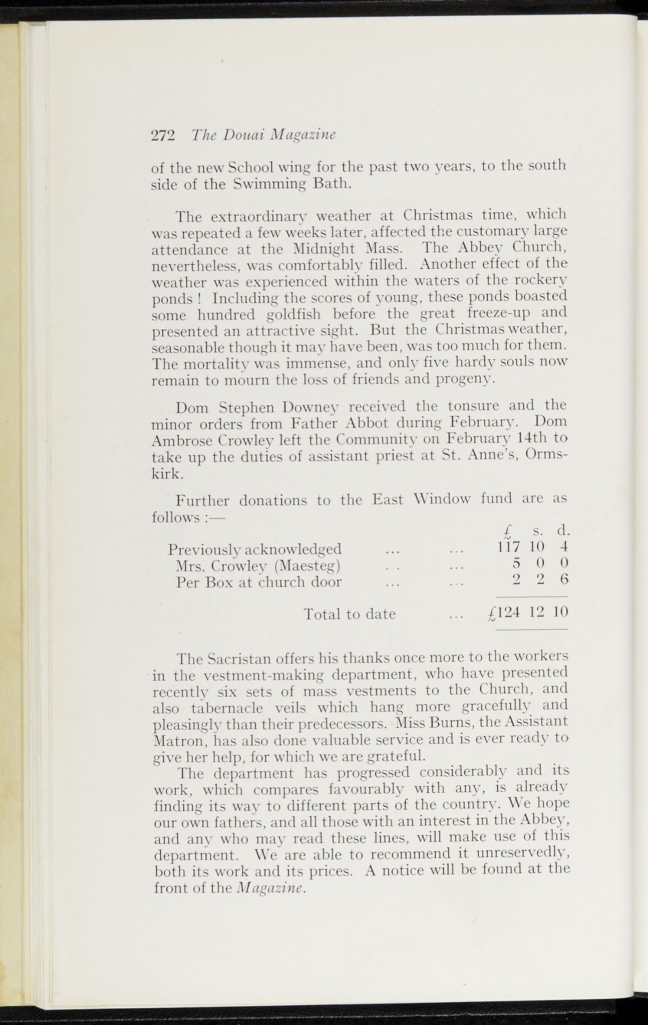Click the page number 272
162,136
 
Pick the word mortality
213,363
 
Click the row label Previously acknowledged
255,549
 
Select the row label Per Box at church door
259,582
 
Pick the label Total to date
350,614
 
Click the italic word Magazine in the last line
270,888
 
